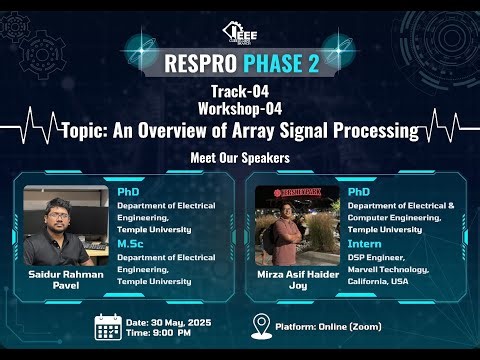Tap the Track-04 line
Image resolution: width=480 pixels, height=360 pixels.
pos(239,93)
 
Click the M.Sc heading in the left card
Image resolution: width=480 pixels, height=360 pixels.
pos(130,243)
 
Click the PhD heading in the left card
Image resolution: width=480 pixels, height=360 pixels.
pos(128,189)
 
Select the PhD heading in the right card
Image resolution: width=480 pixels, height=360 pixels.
pos(359,190)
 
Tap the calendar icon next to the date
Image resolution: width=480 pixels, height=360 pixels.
pos(107,327)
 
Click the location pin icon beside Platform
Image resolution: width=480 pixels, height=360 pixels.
pos(260,326)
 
